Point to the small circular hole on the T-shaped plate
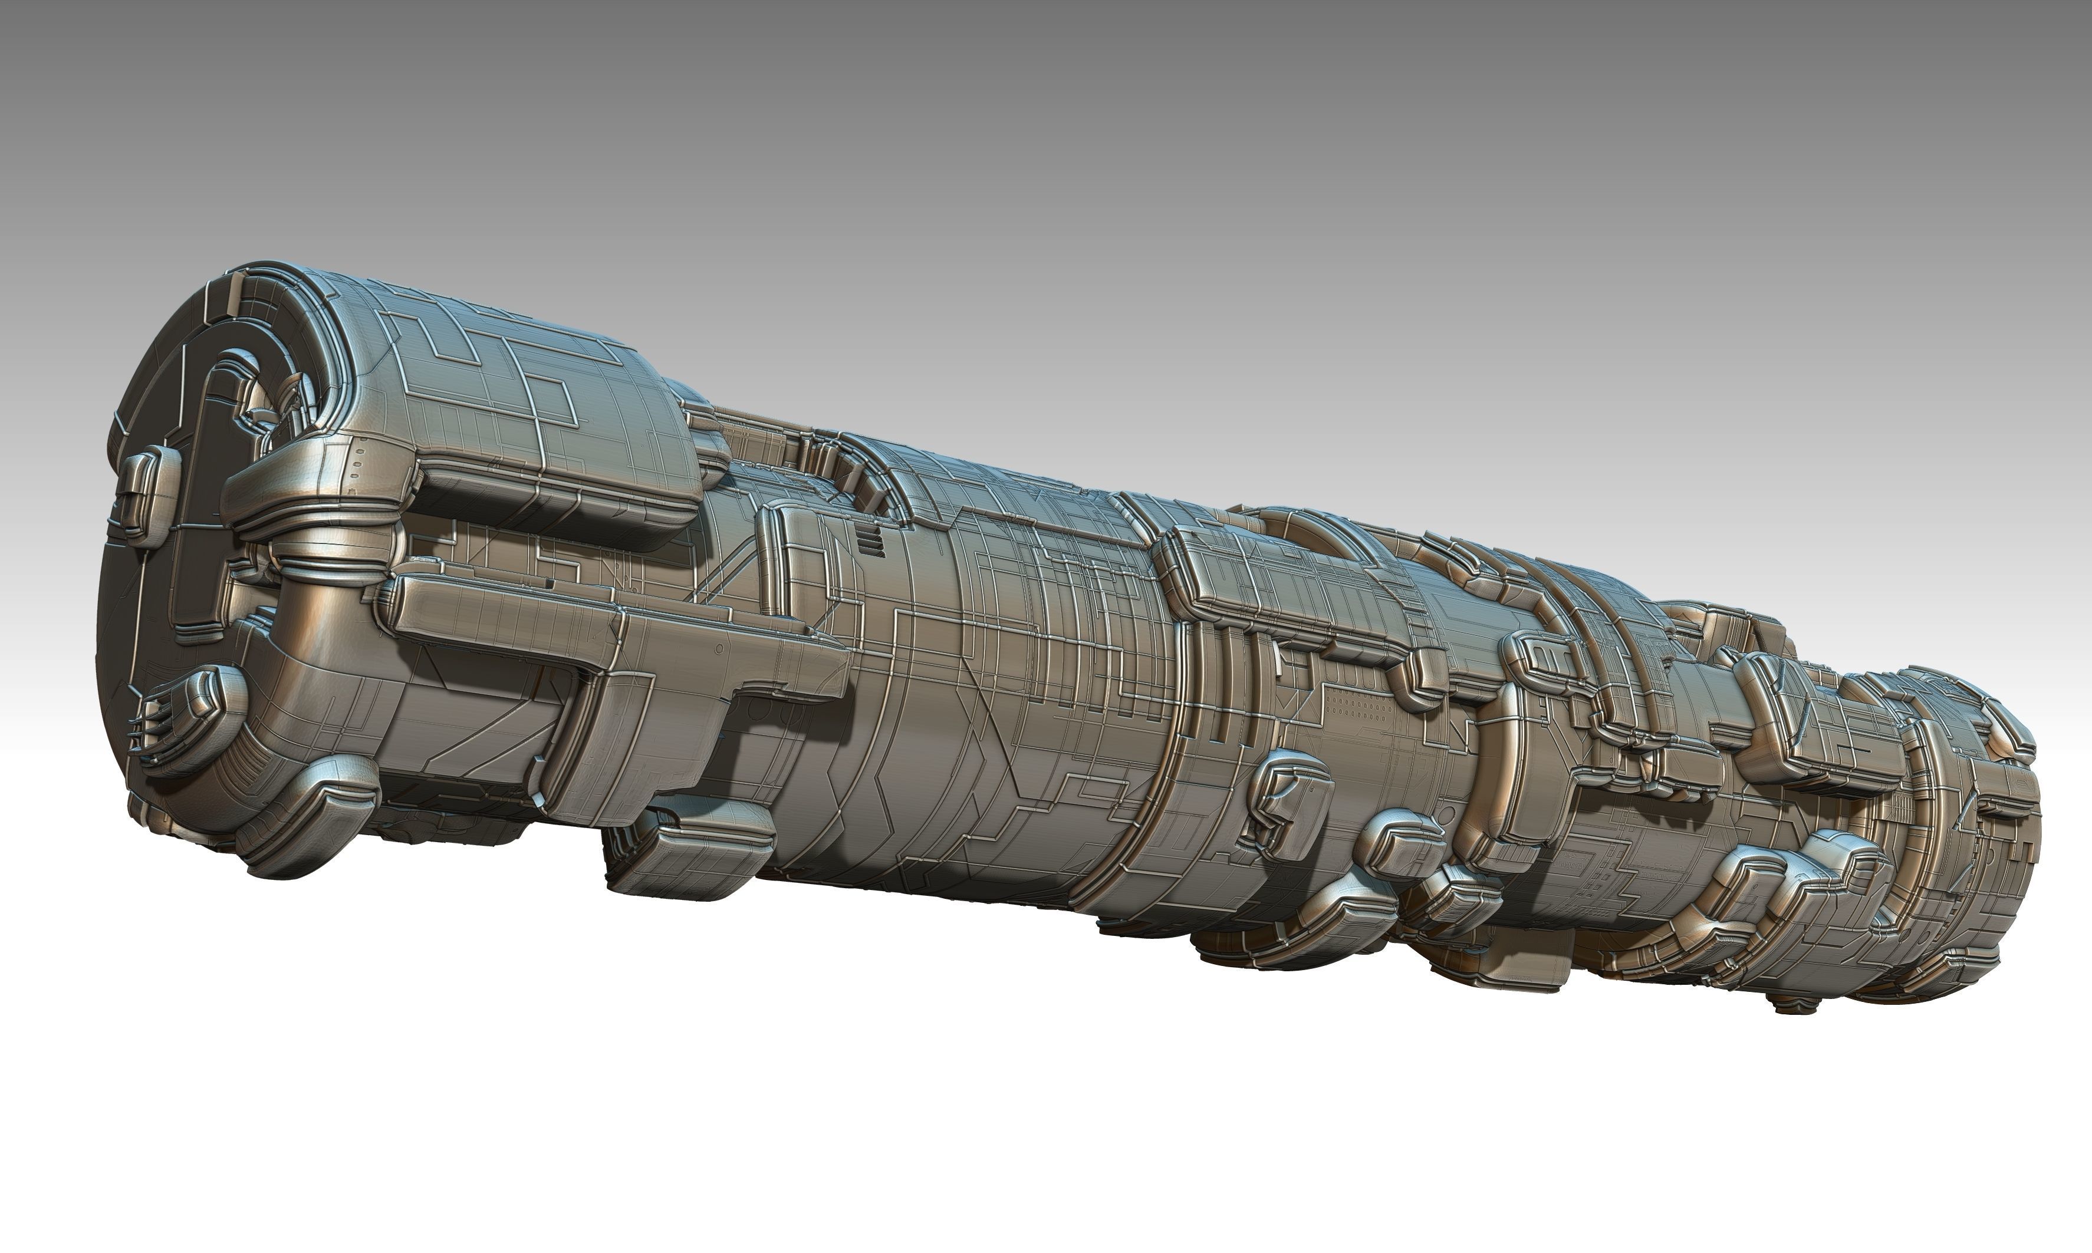click(718, 648)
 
